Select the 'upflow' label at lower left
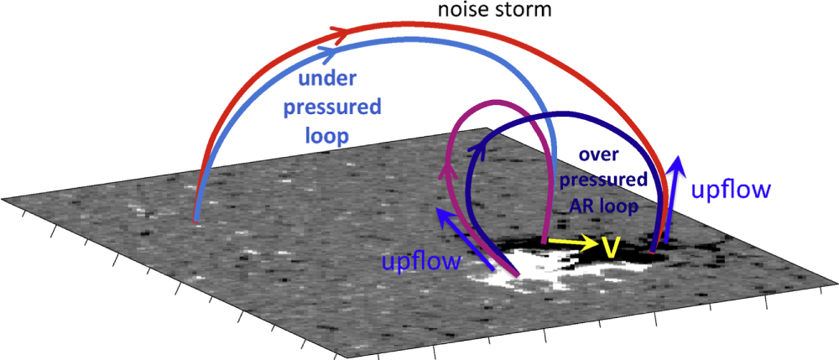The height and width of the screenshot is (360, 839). [421, 261]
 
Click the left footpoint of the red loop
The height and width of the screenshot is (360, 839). [195, 221]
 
